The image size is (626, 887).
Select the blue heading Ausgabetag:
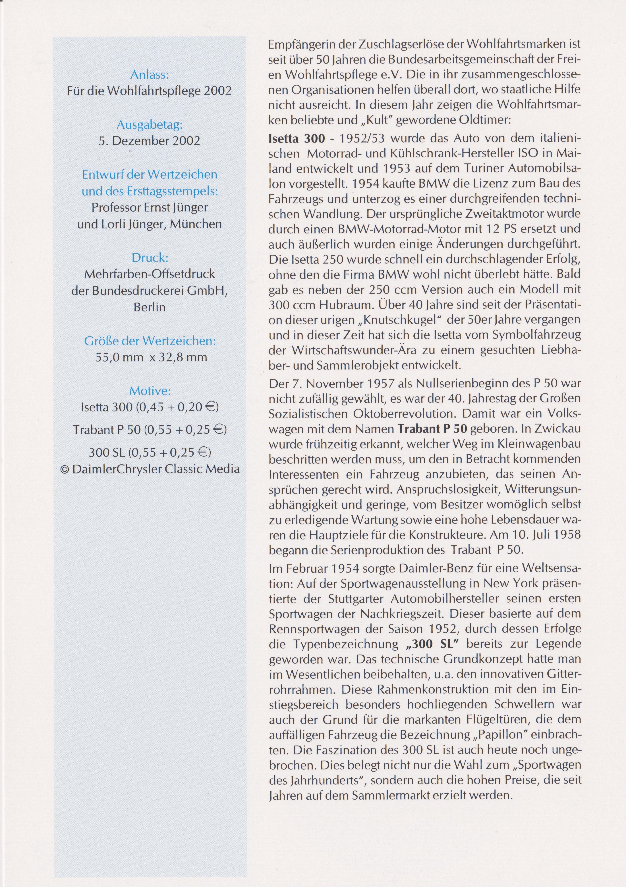[x=150, y=125]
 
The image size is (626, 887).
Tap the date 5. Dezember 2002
[x=150, y=141]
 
